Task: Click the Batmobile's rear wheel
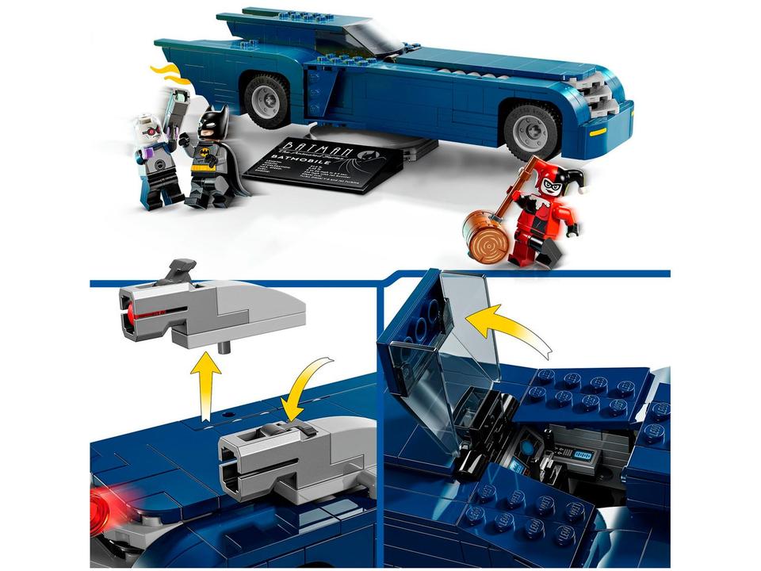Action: (x=266, y=101)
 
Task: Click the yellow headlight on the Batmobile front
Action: (x=598, y=132)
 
